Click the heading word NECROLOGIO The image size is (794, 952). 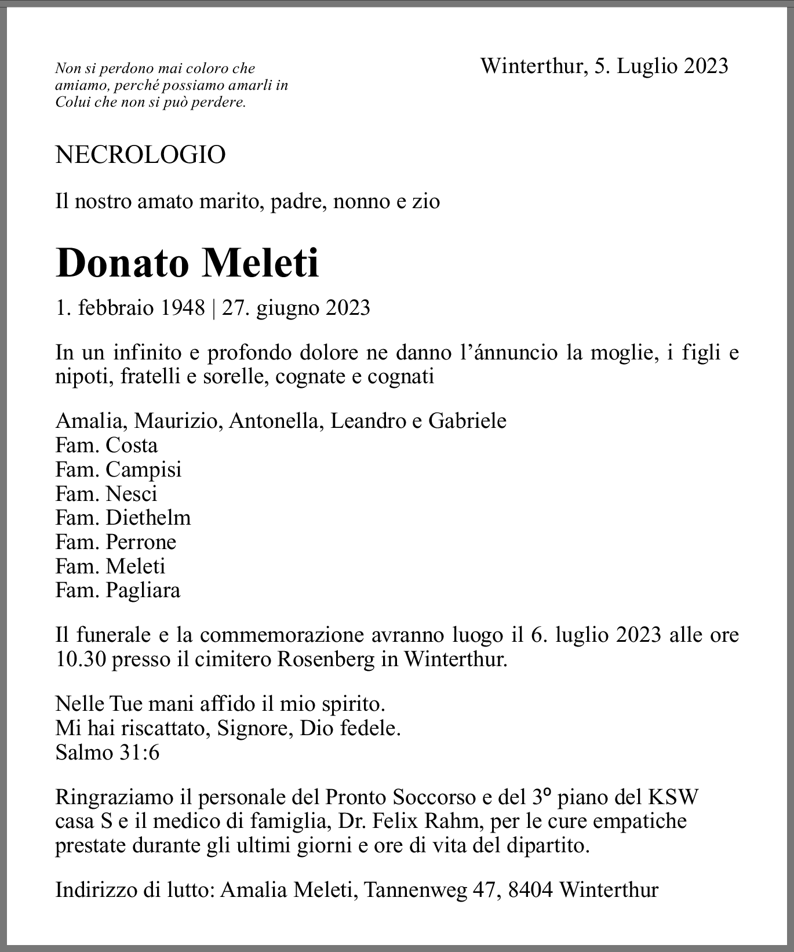point(140,155)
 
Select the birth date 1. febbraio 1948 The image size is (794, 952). point(130,307)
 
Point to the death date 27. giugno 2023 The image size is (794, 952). point(296,307)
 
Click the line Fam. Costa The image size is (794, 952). point(107,445)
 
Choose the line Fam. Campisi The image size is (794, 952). point(118,469)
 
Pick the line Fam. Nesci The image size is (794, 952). point(107,493)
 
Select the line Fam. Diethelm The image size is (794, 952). point(123,517)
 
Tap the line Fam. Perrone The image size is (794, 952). point(116,542)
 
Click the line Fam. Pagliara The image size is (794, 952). point(118,590)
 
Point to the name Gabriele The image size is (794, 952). point(467,421)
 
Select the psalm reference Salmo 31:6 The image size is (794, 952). point(107,753)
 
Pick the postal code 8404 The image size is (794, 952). point(530,890)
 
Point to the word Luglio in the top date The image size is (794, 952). point(647,66)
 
